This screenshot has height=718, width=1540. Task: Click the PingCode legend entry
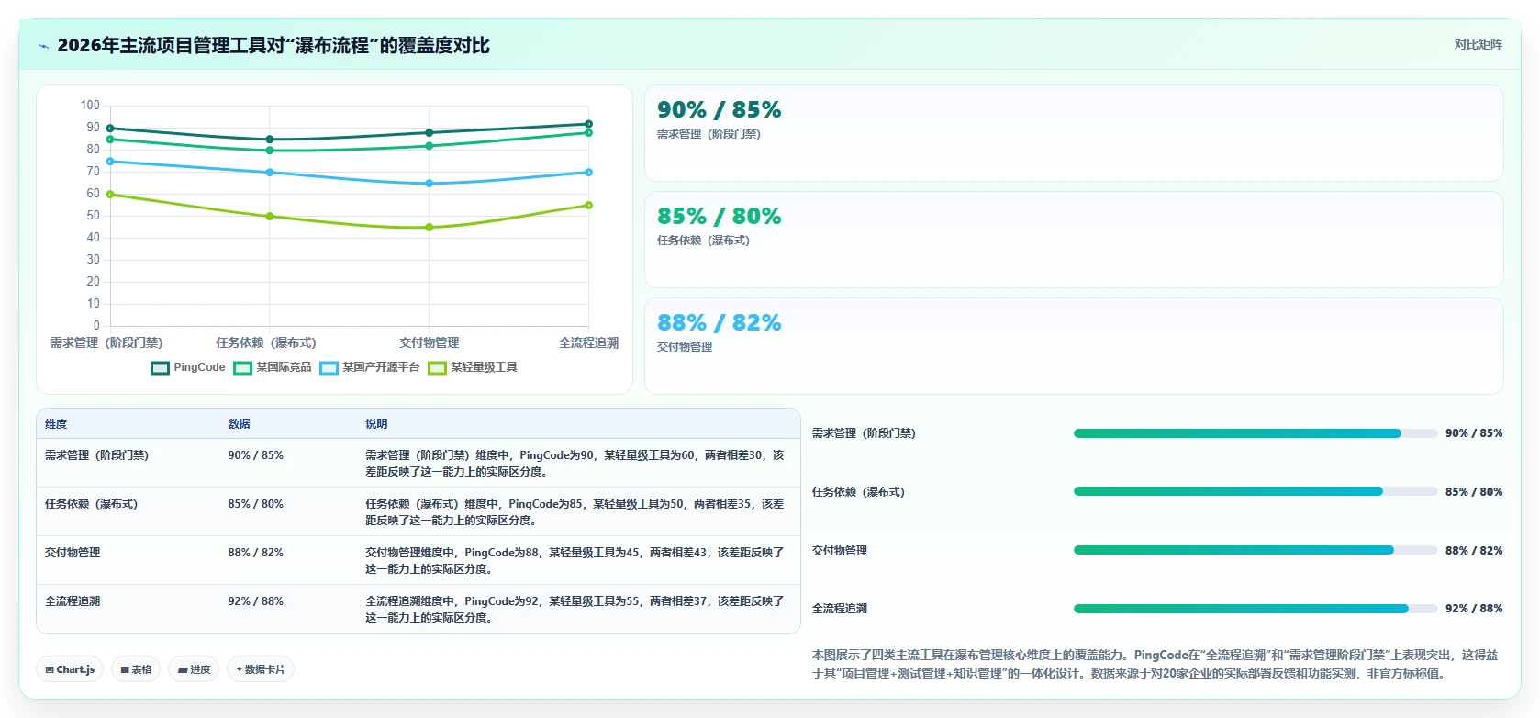coord(188,367)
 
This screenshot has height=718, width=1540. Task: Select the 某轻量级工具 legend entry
coord(473,367)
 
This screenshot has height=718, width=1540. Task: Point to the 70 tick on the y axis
coord(93,172)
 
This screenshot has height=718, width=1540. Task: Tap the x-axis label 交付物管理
coord(429,342)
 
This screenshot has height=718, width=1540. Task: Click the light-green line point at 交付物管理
coord(429,227)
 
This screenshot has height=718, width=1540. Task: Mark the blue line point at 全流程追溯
coord(588,172)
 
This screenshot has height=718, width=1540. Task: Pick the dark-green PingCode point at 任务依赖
coord(270,139)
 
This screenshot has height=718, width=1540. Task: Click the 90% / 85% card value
coord(720,109)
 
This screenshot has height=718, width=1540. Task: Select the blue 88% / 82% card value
coord(720,322)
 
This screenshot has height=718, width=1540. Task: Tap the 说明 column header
coord(376,423)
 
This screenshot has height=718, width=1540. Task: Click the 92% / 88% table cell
coord(256,601)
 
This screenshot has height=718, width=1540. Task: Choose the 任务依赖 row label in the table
coord(92,504)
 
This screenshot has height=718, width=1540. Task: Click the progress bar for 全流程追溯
coord(1255,609)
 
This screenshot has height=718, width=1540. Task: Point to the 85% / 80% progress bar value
coord(1474,492)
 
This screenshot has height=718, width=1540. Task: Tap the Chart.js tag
coord(70,669)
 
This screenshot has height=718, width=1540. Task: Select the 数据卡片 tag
coord(261,669)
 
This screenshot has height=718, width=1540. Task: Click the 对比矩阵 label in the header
coord(1479,45)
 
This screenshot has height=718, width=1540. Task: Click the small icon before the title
coord(44,46)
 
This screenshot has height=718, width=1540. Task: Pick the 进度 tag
coord(194,669)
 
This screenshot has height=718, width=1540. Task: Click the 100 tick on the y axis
coord(90,106)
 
